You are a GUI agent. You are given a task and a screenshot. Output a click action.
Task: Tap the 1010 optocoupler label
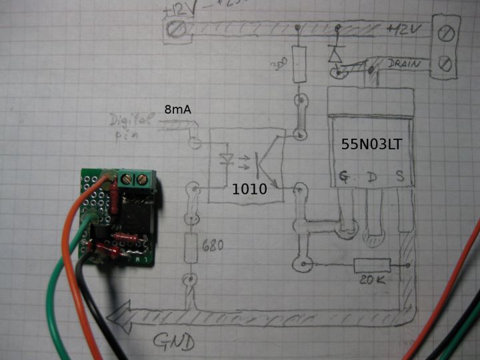[249, 189]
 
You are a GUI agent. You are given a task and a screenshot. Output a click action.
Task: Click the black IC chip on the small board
[135, 217]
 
